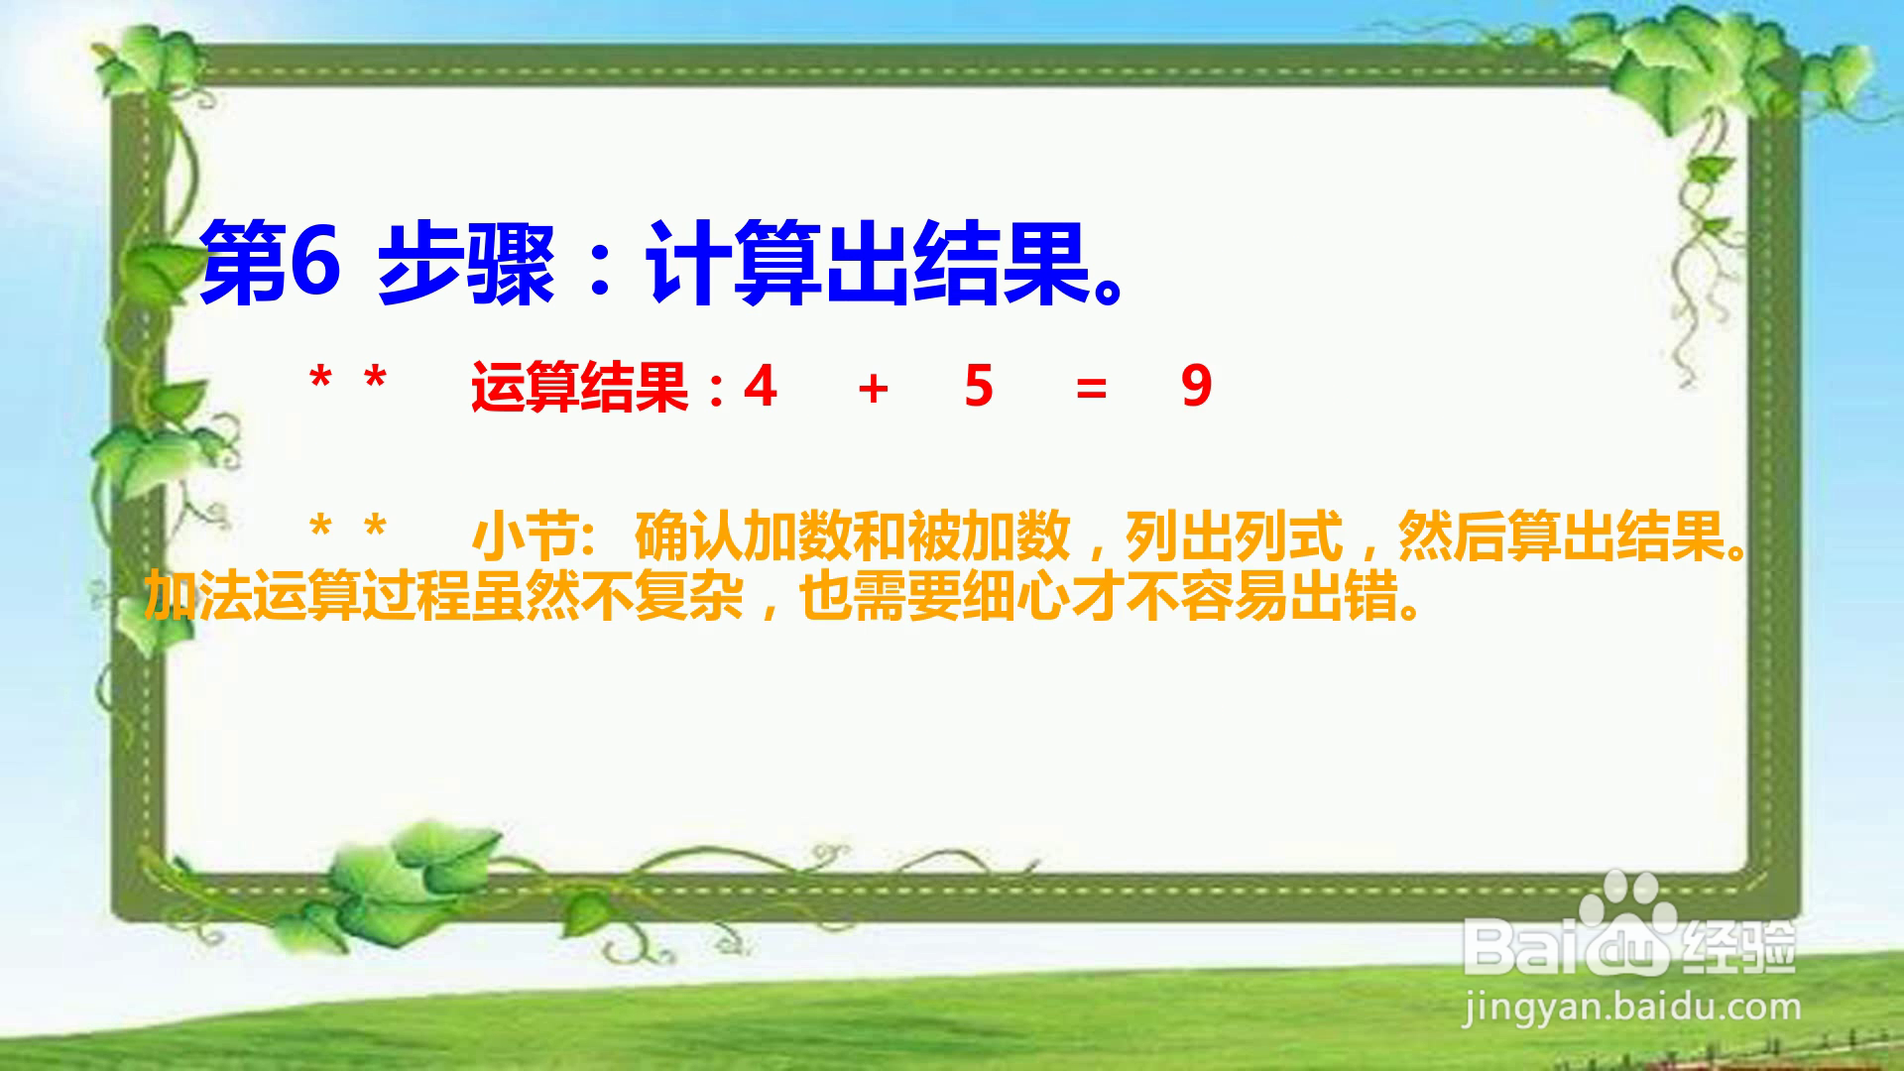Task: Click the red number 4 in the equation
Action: coord(761,387)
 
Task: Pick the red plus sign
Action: coord(873,389)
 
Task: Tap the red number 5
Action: coord(979,387)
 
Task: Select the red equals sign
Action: coord(1091,389)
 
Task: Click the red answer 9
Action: coord(1197,387)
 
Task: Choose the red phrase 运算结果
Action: coord(580,387)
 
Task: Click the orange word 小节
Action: coord(526,536)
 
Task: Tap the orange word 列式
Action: coord(1289,536)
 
